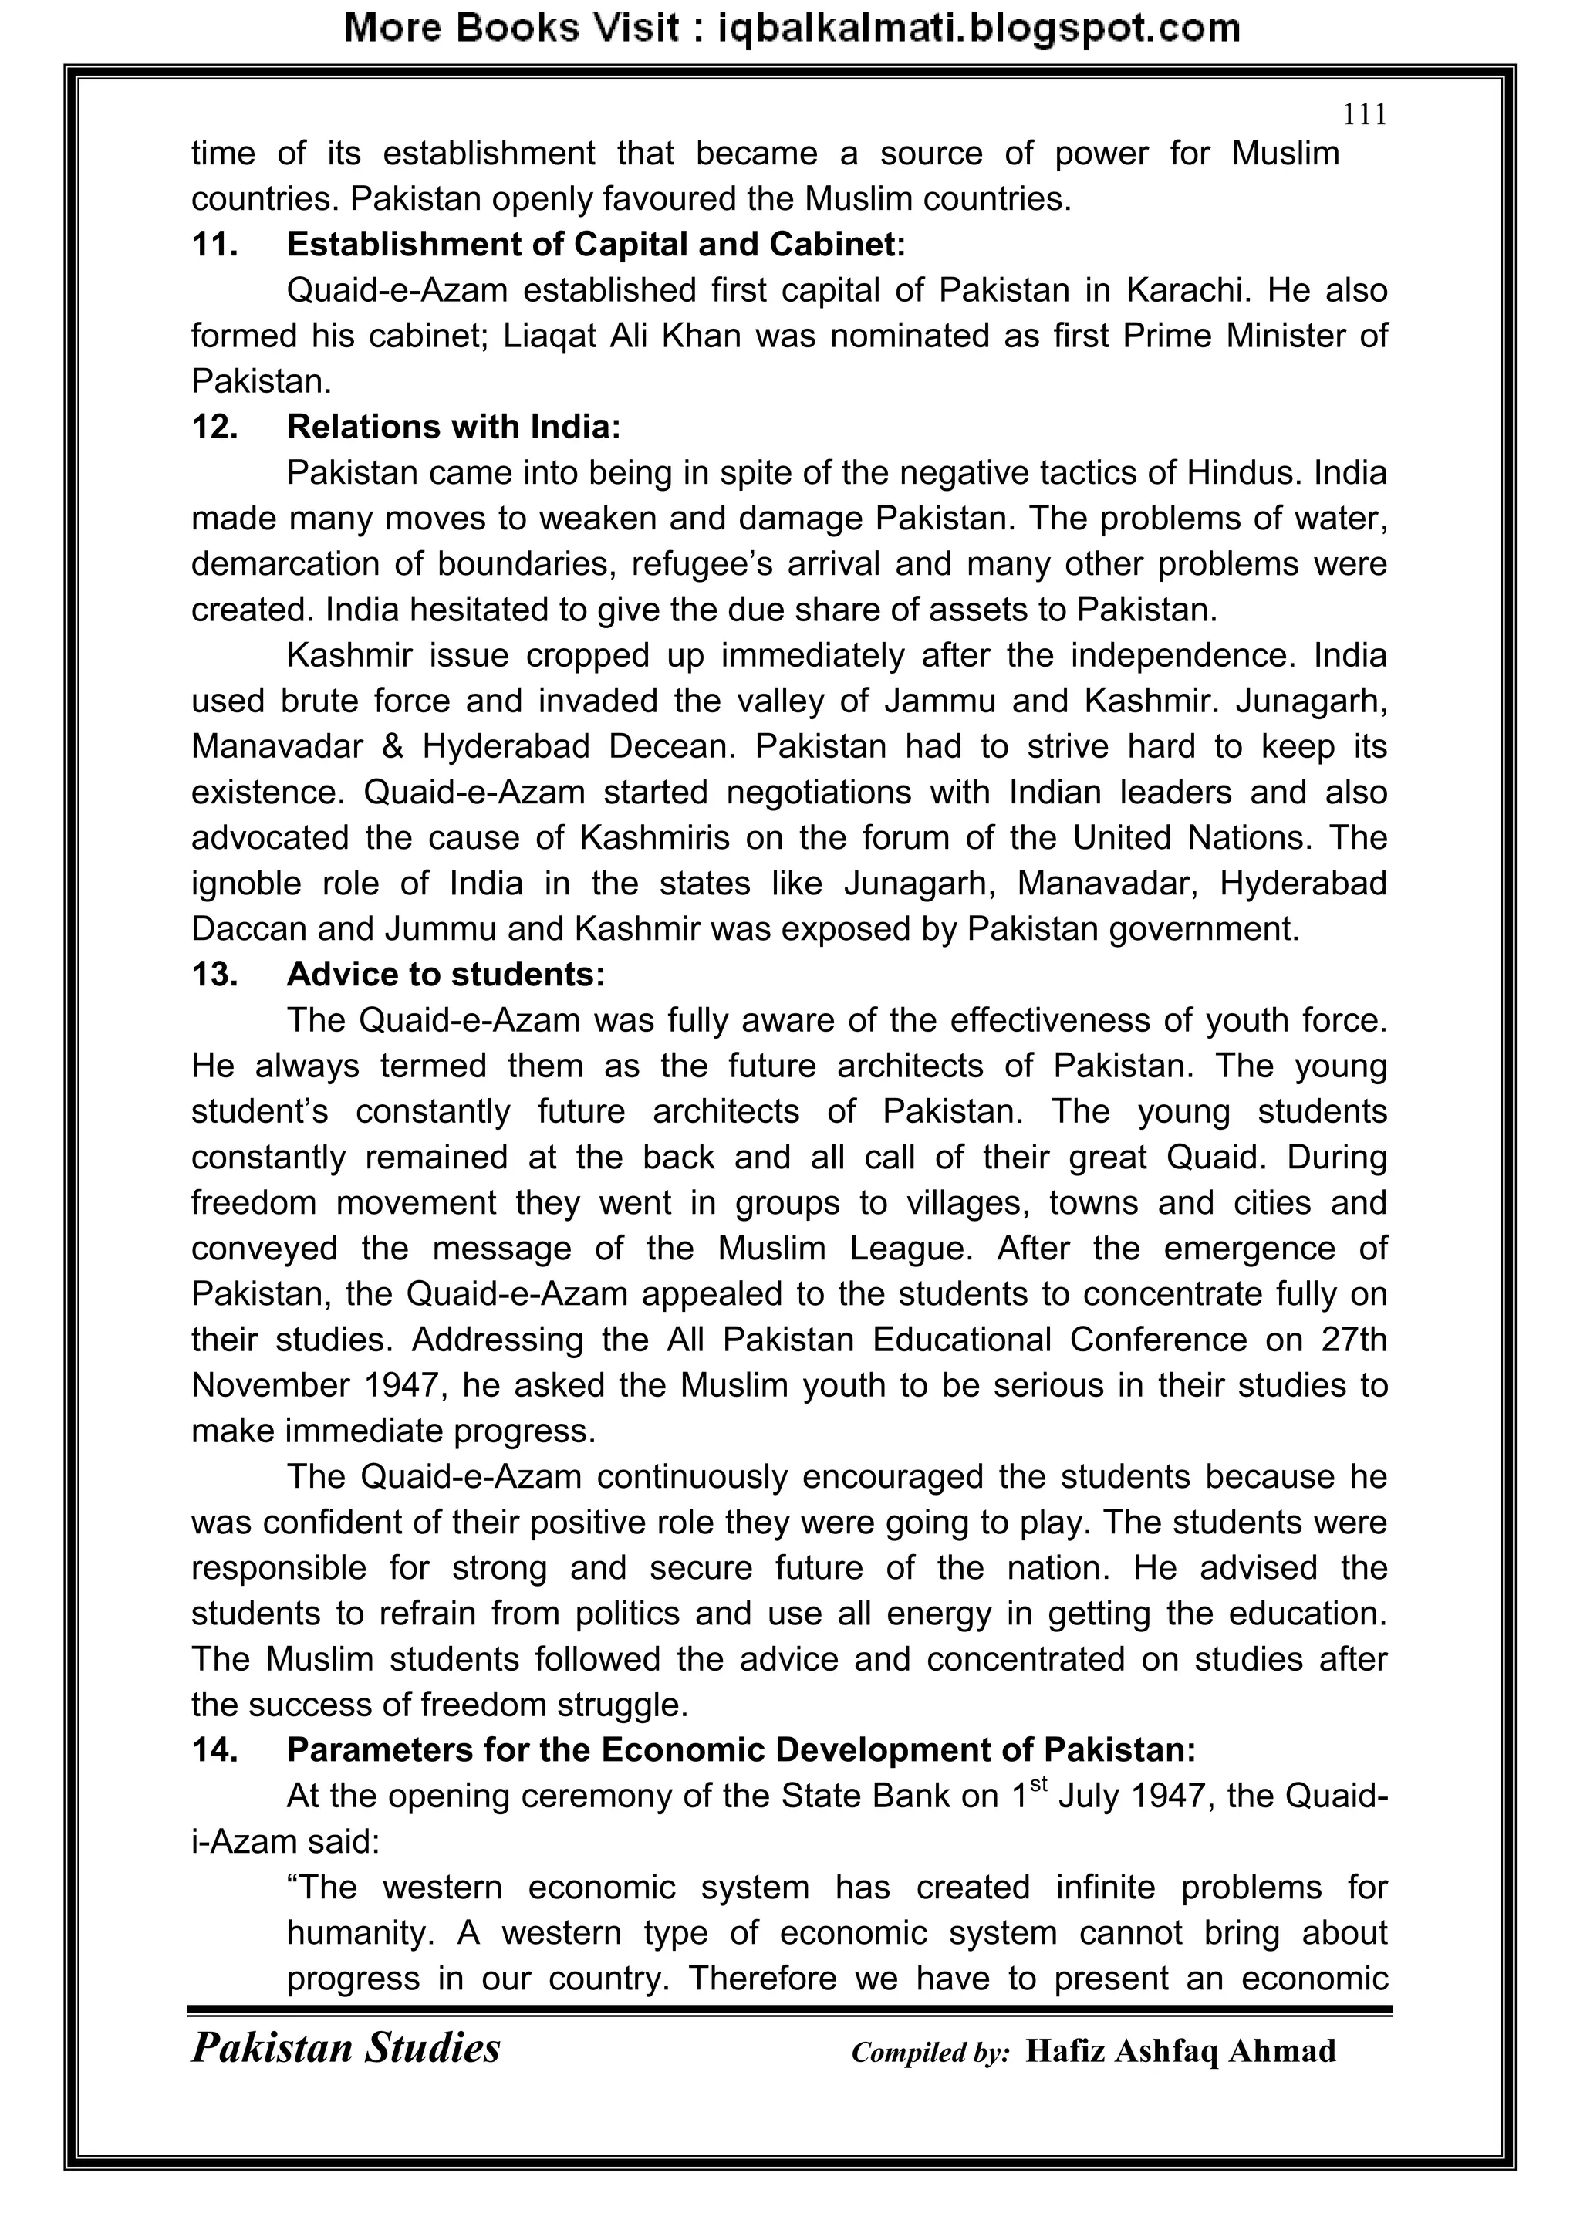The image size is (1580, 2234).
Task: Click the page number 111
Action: click(x=1364, y=116)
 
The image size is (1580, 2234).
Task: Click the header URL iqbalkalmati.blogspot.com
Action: click(x=977, y=29)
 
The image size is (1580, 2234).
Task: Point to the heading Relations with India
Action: click(x=454, y=428)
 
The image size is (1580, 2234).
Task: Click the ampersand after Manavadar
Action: click(x=393, y=747)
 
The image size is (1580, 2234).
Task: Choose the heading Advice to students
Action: click(x=446, y=975)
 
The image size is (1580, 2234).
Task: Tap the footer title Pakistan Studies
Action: click(x=346, y=2048)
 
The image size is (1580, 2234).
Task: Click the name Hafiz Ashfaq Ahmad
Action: click(x=1180, y=2051)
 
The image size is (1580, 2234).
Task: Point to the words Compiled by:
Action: click(x=930, y=2053)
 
